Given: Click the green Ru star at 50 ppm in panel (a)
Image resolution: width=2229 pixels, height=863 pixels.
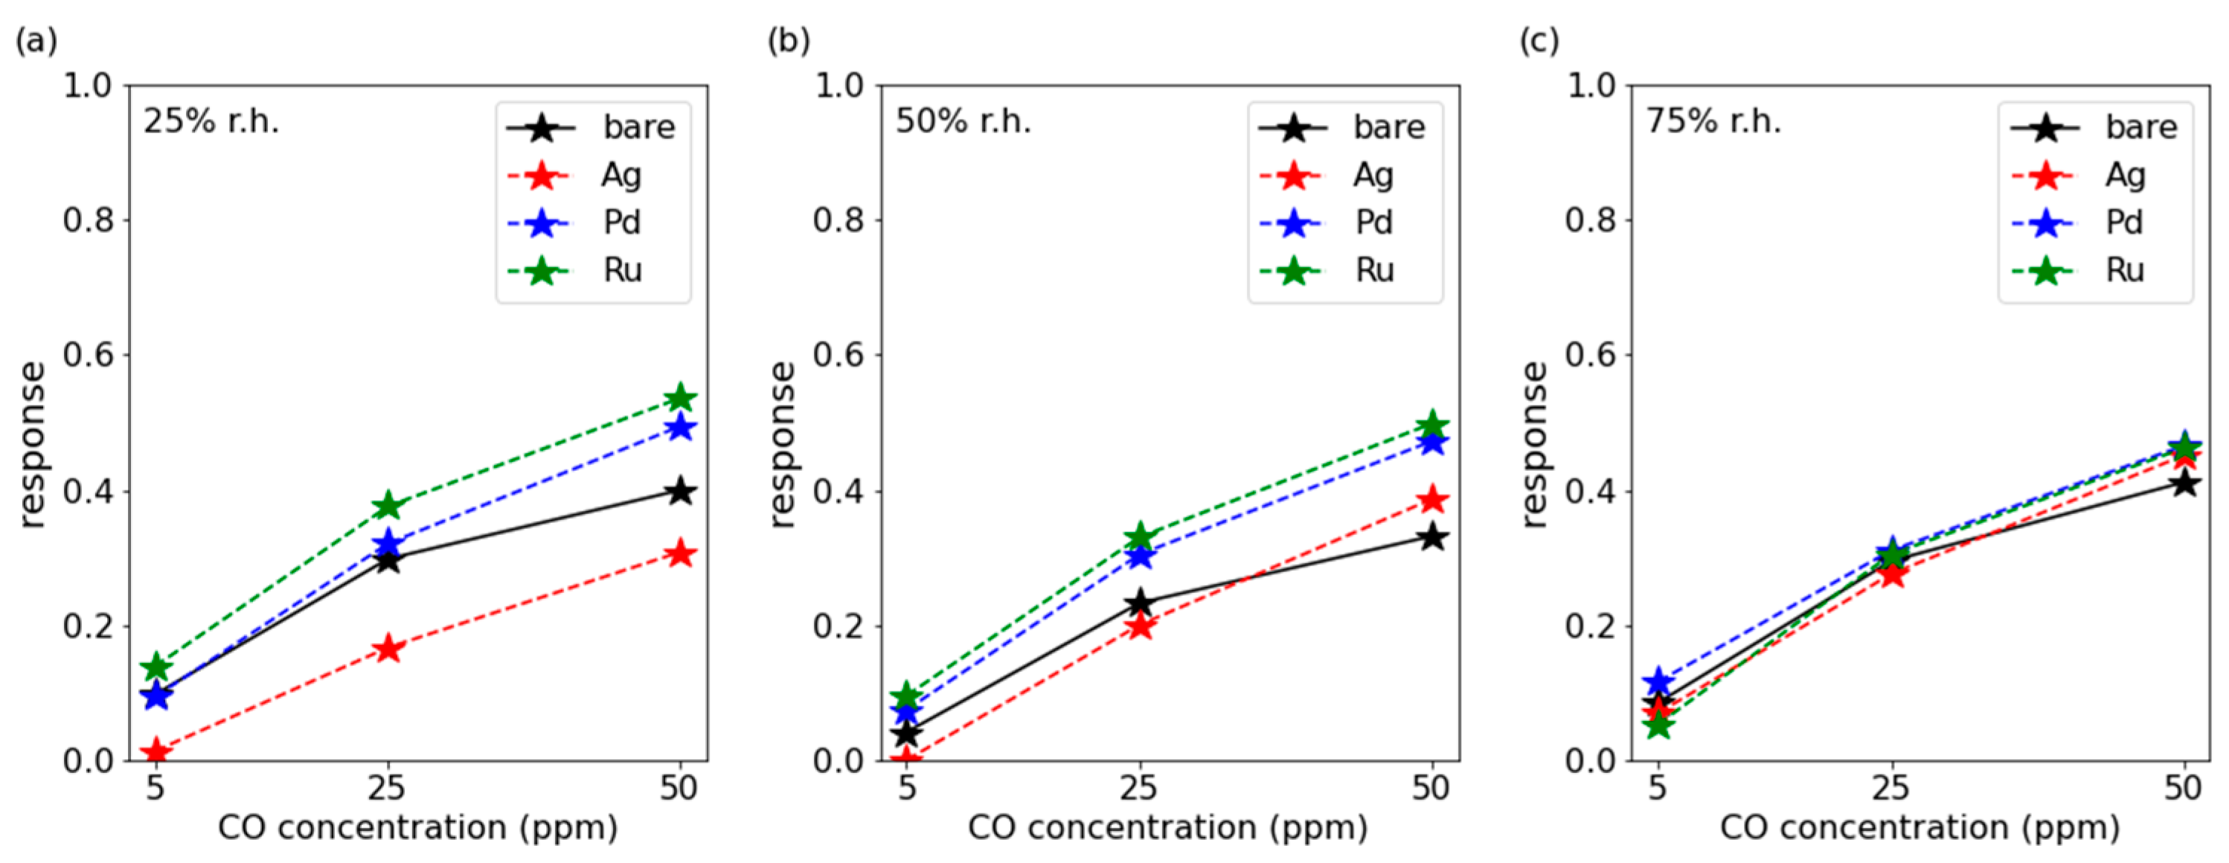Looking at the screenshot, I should (x=680, y=398).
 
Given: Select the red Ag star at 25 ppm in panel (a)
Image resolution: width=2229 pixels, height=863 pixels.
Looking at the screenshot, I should (x=388, y=648).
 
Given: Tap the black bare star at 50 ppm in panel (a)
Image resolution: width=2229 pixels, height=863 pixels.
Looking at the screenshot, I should (x=680, y=491).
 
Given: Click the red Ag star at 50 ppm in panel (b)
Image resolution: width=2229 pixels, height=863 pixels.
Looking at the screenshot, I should (x=1433, y=499).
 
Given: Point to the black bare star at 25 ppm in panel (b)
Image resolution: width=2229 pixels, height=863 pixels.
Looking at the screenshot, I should (x=1141, y=602).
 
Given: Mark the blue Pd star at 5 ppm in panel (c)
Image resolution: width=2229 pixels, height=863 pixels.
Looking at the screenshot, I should (x=1658, y=681).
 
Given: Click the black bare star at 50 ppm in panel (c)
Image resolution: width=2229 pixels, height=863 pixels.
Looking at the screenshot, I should (x=2185, y=483).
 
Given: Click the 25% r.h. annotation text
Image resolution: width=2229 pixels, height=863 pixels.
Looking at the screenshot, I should (x=211, y=122).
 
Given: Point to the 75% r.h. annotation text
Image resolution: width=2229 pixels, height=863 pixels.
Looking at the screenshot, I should (x=1713, y=122).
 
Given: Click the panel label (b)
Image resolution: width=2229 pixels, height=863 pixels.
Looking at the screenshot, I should (x=789, y=41).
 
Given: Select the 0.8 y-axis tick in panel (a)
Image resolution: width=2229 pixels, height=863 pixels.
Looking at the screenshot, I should (x=89, y=221).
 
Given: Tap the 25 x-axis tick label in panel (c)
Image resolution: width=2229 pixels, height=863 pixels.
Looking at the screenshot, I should (x=1890, y=788).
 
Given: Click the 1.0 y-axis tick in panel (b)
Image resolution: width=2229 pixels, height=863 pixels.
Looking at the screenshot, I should (x=838, y=85).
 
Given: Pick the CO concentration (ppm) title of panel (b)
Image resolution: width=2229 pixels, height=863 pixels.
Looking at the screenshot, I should (x=1168, y=827).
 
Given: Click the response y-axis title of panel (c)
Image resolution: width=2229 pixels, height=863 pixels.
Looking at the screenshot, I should (x=1534, y=444).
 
